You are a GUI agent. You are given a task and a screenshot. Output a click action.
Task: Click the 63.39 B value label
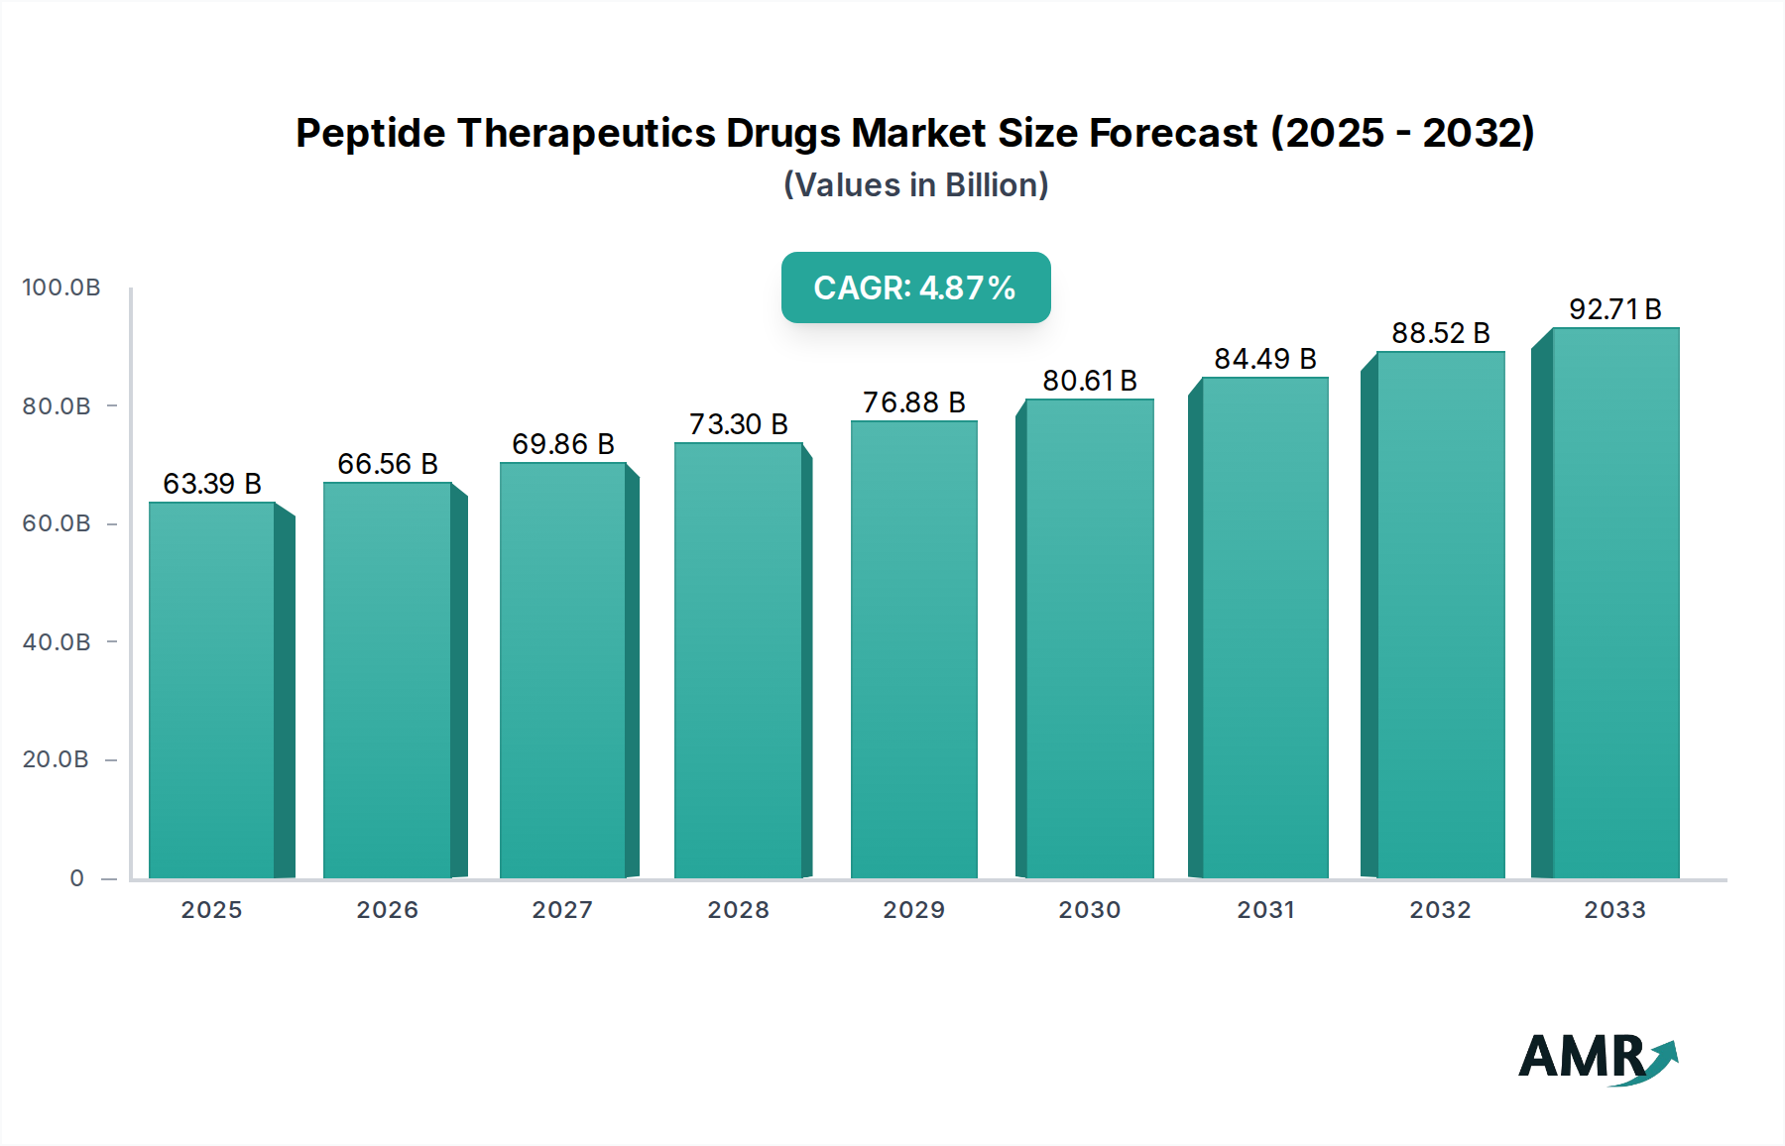[212, 484]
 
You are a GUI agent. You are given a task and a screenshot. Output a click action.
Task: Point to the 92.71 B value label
[1614, 309]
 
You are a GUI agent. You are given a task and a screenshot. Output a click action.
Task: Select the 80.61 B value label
[1089, 381]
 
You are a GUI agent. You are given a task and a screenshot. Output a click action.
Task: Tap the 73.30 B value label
[738, 424]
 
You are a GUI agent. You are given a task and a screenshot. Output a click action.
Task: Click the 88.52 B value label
[1440, 333]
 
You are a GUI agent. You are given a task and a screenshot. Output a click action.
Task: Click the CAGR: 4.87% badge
[915, 287]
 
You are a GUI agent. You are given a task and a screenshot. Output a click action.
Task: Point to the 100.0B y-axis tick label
[61, 287]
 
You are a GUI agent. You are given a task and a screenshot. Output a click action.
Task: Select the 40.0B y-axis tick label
[57, 642]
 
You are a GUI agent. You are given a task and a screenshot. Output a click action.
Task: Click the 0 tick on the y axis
[77, 878]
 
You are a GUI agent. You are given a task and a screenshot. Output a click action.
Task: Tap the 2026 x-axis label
[387, 910]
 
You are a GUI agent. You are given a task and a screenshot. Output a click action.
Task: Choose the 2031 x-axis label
[1264, 910]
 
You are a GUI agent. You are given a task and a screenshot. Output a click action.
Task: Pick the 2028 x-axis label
[738, 910]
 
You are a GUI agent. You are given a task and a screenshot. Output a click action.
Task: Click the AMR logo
[1597, 1059]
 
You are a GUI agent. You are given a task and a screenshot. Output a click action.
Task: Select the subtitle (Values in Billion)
[915, 185]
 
